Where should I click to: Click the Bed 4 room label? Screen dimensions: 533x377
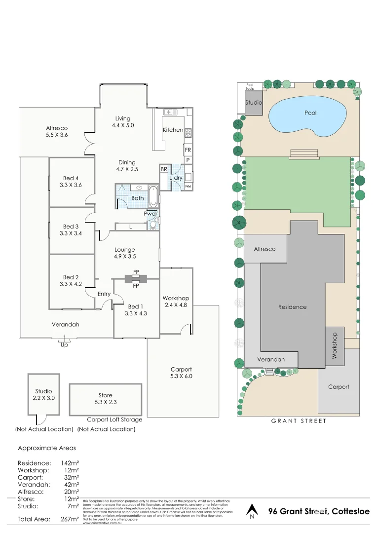(71, 178)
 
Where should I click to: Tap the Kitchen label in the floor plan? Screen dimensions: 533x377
(173, 130)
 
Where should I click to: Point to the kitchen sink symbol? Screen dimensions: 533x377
(171, 112)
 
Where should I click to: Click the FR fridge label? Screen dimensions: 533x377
(188, 150)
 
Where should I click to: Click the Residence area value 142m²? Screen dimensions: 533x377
(70, 463)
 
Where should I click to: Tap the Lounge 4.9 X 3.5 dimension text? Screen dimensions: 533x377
(124, 257)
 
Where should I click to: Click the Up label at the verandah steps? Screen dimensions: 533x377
(64, 345)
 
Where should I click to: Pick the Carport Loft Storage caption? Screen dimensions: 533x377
(114, 419)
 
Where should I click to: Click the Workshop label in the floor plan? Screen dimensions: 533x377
(176, 298)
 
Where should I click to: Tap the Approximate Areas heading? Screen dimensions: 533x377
(47, 448)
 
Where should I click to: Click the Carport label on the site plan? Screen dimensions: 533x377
(339, 387)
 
